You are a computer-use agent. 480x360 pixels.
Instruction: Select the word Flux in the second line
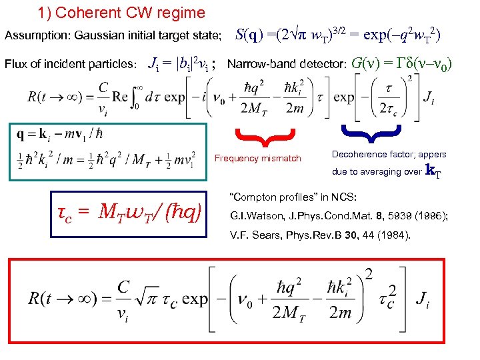tap(16, 65)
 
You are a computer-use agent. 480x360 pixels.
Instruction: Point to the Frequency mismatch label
tap(257, 159)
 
